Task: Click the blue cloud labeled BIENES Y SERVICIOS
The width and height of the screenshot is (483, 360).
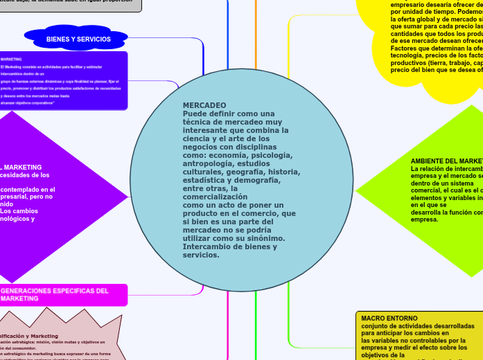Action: pos(78,39)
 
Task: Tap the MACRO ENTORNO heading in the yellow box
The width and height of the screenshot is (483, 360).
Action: pos(389,318)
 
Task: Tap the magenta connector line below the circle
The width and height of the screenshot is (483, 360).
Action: pos(228,325)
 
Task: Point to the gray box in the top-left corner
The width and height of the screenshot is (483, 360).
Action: pos(69,4)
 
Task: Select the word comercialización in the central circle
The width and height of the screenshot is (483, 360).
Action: pos(215,197)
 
